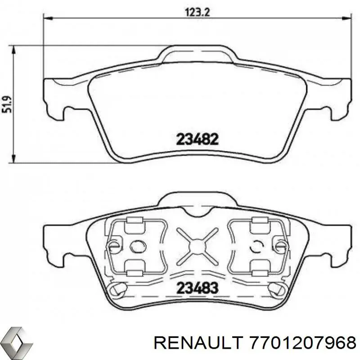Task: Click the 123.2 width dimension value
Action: tap(197, 12)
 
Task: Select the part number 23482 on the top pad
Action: tap(197, 139)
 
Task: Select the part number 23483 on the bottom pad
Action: tap(197, 287)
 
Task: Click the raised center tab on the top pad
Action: tap(197, 55)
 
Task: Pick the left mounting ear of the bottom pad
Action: tap(56, 245)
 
